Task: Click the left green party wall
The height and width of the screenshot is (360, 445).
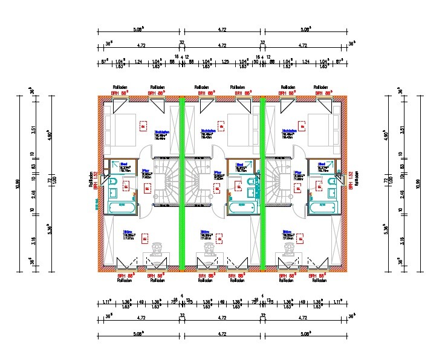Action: [x=181, y=183]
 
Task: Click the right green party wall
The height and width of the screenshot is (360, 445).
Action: [x=262, y=183]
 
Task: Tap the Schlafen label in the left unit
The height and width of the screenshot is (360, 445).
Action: [x=161, y=132]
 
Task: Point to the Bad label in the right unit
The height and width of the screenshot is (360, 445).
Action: [x=323, y=164]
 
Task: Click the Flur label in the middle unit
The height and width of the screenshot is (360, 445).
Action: [x=218, y=172]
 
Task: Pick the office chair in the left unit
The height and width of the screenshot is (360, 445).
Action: [x=157, y=249]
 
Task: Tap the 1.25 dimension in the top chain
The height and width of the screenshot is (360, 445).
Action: [x=226, y=61]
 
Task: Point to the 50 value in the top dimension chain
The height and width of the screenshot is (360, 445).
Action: [x=256, y=61]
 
